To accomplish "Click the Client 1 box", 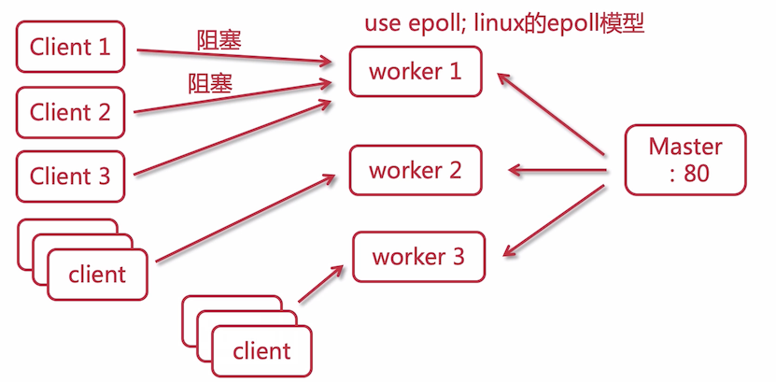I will pos(70,47).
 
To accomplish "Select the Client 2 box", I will pos(70,113).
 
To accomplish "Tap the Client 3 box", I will pos(70,176).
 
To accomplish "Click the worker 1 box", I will pos(416,71).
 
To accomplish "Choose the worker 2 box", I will pos(416,171).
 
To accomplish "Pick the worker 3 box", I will pos(418,256).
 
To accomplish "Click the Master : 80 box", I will pos(685,160).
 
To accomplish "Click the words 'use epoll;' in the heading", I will pos(408,23).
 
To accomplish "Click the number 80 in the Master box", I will pos(696,173).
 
